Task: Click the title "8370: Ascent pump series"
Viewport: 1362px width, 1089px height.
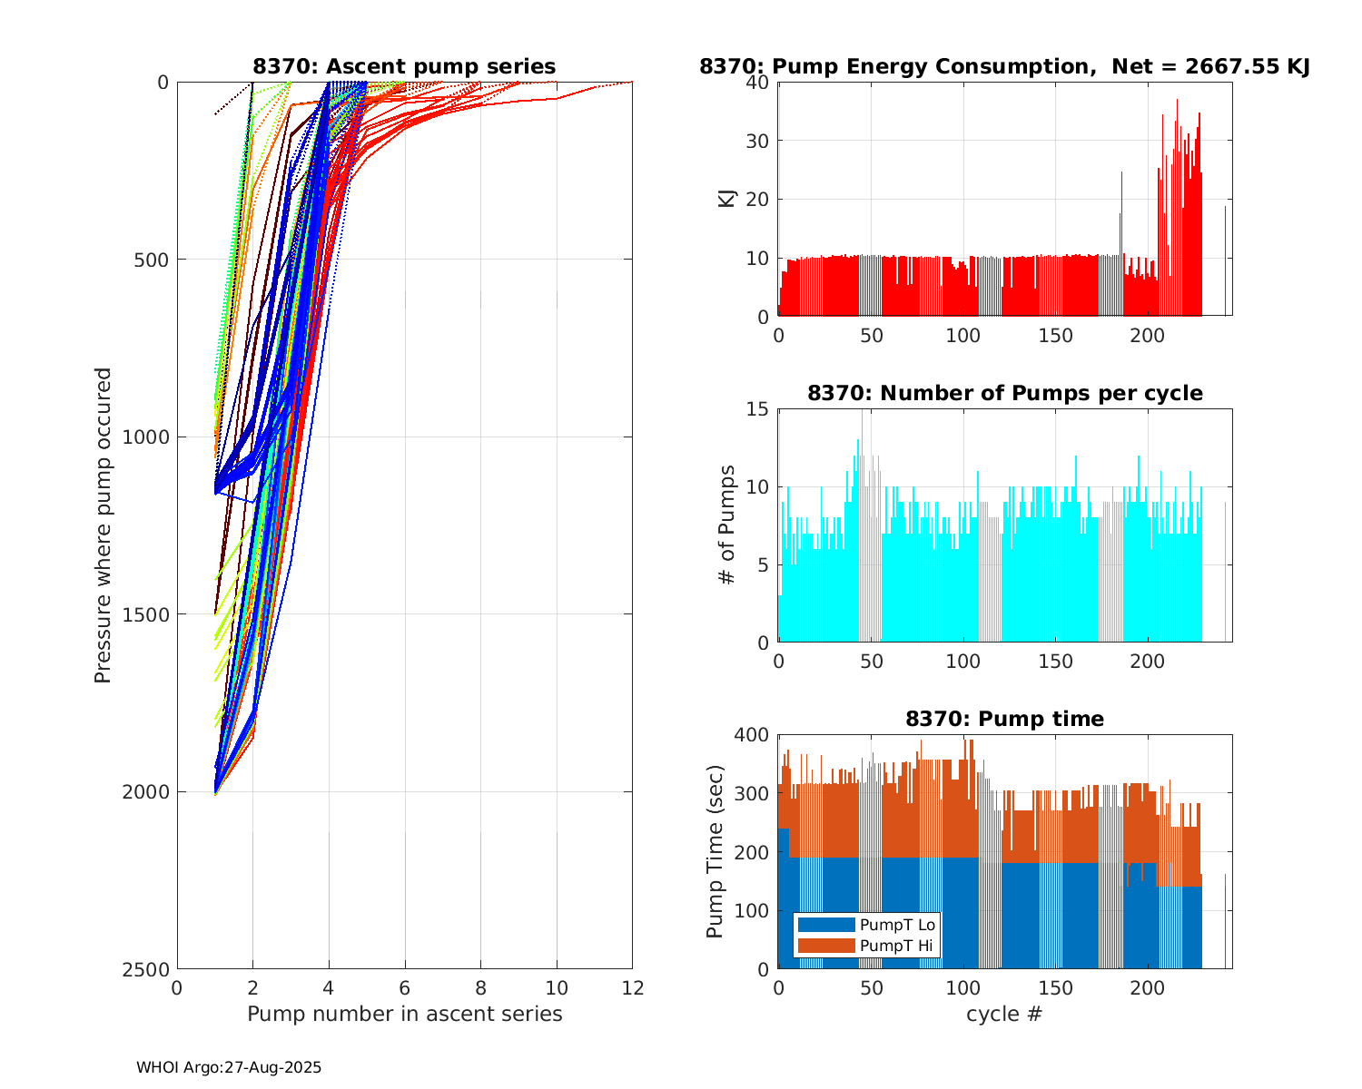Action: (x=404, y=66)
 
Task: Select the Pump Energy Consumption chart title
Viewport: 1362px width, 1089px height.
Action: (x=1004, y=66)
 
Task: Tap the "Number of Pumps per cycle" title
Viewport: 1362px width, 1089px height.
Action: (x=1004, y=393)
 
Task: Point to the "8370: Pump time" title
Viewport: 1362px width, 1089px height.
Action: (x=1004, y=719)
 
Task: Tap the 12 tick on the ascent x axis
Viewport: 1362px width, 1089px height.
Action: (x=632, y=987)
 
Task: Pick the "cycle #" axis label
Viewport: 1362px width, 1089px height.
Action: (x=1004, y=1014)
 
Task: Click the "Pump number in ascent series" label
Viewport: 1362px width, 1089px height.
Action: (x=404, y=1014)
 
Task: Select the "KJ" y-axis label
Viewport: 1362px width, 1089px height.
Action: (x=727, y=199)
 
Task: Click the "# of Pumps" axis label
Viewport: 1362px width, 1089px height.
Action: (x=727, y=525)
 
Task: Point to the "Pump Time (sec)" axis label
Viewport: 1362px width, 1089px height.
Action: (x=716, y=851)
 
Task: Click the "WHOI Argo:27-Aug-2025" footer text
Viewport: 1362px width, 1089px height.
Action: (x=229, y=1067)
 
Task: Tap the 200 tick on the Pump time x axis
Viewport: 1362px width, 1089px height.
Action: (x=1147, y=987)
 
